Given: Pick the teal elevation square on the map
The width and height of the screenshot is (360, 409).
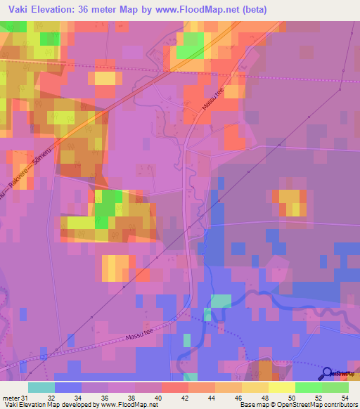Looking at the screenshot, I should (220, 301).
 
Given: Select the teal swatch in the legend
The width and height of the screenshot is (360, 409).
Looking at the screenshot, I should (41, 387).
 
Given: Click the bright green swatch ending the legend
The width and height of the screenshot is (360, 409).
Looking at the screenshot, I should (335, 387).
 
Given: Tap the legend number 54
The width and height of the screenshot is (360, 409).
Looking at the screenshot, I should (345, 398).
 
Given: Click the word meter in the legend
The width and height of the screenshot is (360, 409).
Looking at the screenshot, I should (11, 398).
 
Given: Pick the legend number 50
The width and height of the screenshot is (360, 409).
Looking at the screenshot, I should (291, 398).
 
